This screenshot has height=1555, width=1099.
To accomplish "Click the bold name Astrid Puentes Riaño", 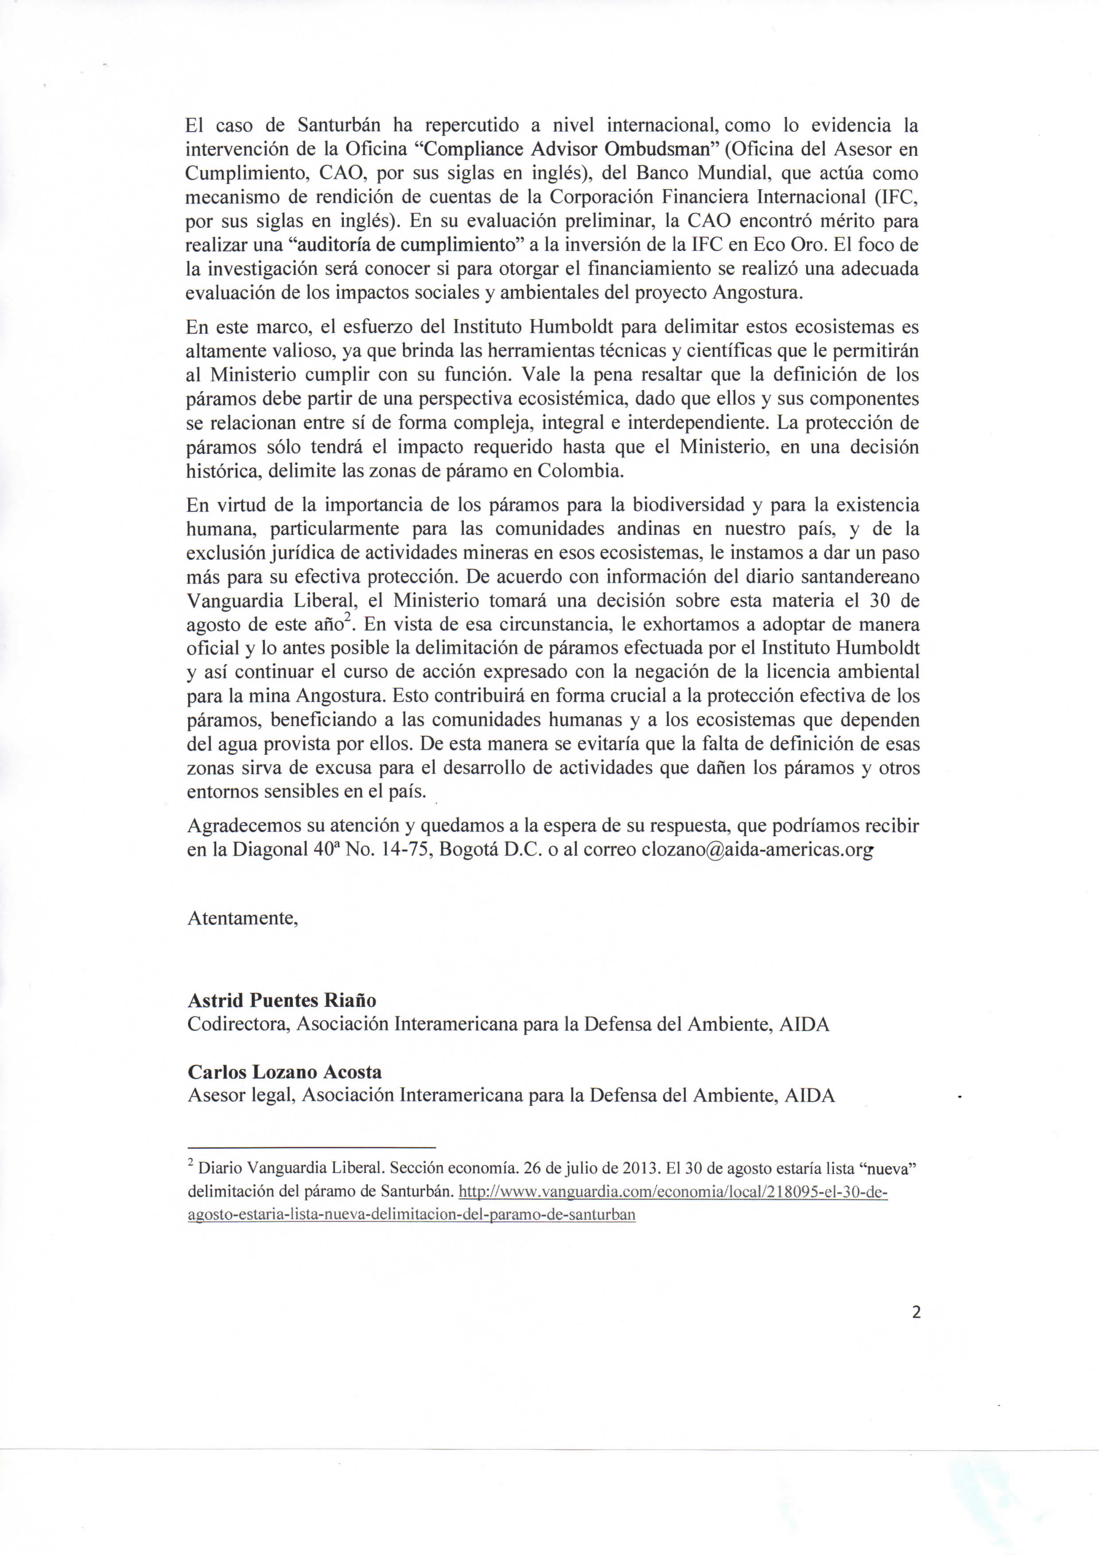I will tap(282, 1000).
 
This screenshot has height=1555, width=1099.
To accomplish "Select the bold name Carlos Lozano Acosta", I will tap(284, 1072).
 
